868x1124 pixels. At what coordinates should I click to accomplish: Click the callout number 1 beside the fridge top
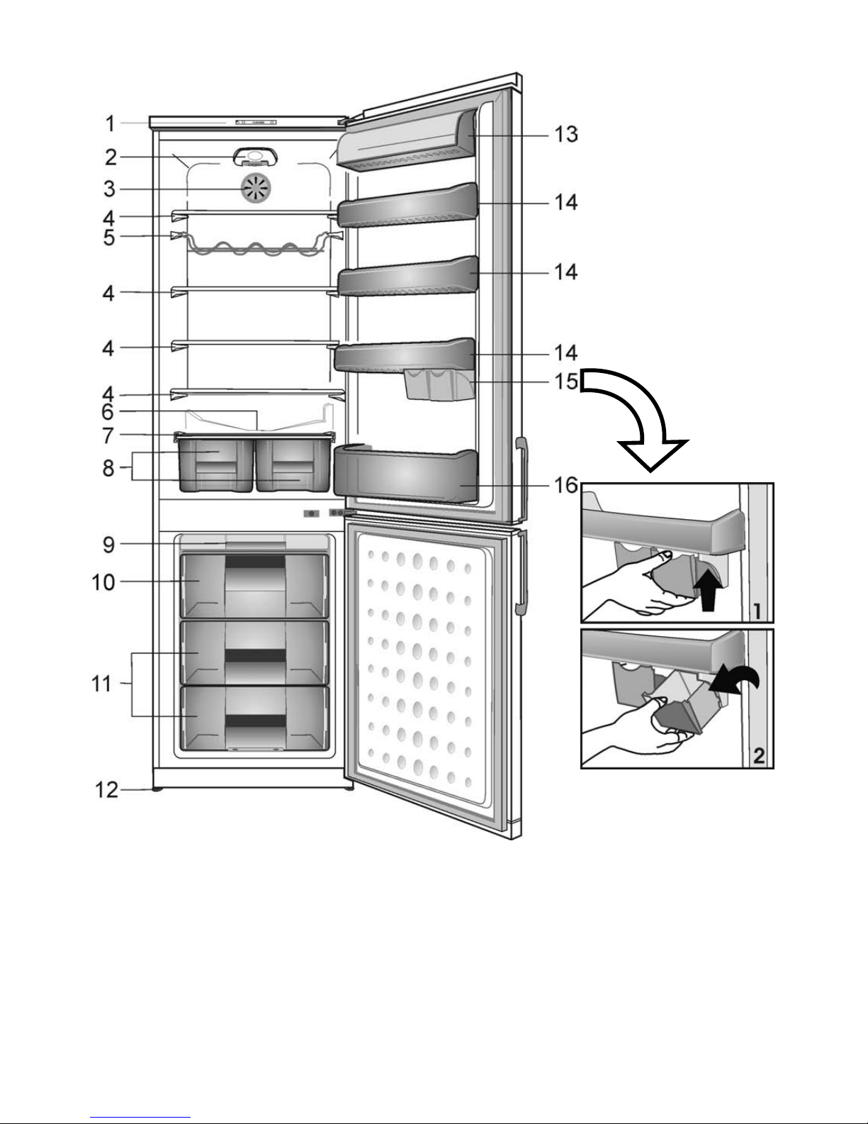[x=110, y=123]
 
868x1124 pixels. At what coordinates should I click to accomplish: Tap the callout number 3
[x=110, y=189]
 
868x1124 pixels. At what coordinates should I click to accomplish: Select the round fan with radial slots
[x=256, y=189]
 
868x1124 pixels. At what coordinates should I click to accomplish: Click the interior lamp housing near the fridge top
[x=255, y=157]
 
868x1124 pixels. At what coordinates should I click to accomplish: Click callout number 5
[x=109, y=238]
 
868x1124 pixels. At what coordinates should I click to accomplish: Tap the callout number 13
[x=565, y=135]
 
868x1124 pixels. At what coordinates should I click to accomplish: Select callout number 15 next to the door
[x=565, y=382]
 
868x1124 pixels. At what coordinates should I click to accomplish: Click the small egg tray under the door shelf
[x=439, y=384]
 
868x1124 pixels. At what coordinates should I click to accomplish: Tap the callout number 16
[x=565, y=485]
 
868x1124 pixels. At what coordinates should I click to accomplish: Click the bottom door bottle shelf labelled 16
[x=405, y=474]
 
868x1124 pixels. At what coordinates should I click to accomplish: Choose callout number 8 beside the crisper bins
[x=108, y=467]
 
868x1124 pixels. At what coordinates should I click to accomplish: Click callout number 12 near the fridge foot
[x=107, y=790]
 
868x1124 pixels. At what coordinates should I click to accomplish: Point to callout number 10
[x=103, y=582]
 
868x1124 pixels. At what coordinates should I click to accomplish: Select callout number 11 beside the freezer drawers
[x=101, y=684]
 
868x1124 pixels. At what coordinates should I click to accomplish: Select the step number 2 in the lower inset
[x=758, y=756]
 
